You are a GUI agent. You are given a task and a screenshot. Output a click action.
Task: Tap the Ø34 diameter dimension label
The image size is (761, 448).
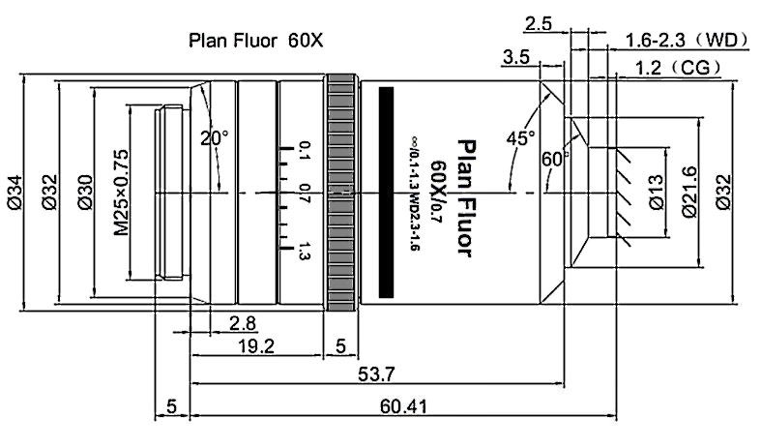[15, 194]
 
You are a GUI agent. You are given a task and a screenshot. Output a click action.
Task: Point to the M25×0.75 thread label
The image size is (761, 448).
[120, 194]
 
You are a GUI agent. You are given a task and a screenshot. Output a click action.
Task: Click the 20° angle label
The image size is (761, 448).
[214, 138]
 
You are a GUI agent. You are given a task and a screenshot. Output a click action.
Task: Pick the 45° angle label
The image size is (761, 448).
[520, 138]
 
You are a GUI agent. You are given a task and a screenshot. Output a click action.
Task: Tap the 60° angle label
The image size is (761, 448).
[555, 157]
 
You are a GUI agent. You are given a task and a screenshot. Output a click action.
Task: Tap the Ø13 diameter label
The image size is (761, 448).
[655, 194]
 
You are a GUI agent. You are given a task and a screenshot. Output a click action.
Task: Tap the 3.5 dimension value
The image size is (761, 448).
[514, 58]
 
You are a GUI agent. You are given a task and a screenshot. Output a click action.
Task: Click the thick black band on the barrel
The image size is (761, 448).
[388, 192]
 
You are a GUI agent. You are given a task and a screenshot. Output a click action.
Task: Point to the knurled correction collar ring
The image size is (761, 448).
[342, 194]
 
